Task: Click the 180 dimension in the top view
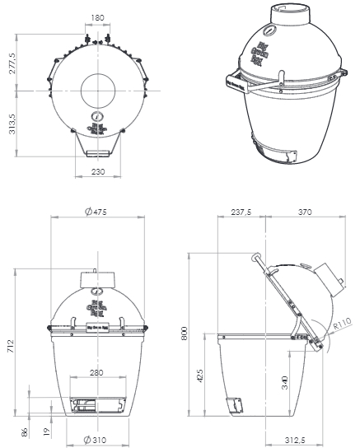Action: coord(98,16)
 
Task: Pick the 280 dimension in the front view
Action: coord(97,372)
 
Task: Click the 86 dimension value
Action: coord(22,432)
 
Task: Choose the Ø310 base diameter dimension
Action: coord(96,440)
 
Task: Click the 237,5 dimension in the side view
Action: coord(241,212)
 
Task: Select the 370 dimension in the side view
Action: coord(306,212)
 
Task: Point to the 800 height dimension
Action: coord(185,334)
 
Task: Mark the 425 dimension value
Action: coord(201,377)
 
